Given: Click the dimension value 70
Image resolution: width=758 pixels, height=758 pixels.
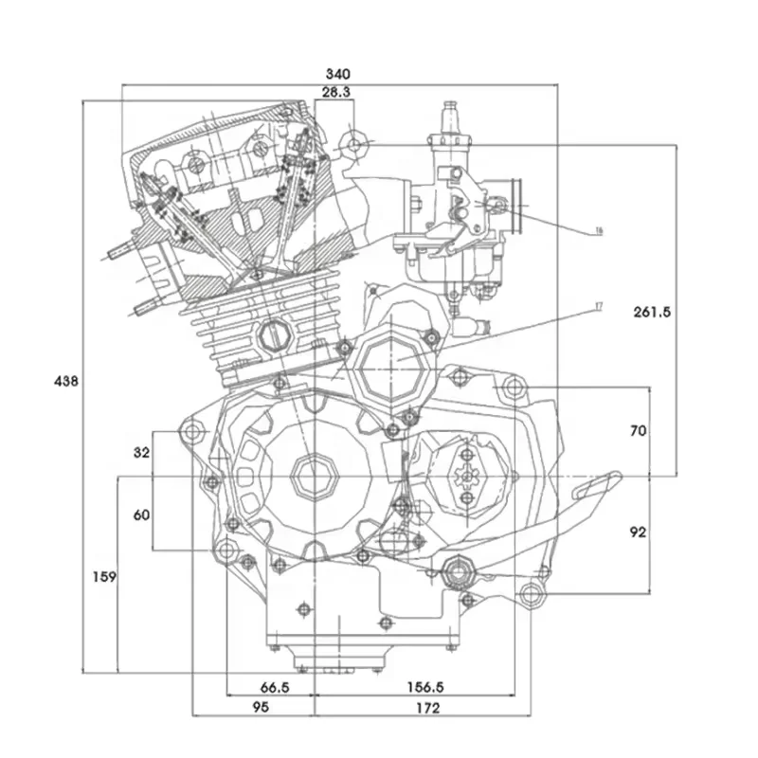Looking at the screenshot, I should coord(638,430).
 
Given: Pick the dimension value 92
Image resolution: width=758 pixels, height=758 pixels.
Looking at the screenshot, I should coord(638,532).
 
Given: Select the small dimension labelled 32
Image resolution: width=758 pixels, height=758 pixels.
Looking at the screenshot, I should coord(141,453).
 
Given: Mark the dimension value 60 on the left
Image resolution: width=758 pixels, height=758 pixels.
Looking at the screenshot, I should coord(141,514).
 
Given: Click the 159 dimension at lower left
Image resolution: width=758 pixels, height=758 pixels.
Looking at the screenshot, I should coord(104,576).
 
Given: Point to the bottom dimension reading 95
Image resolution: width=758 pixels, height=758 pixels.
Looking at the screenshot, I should coord(261,708).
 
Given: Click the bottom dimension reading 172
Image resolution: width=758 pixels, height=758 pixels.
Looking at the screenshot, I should coord(426,708).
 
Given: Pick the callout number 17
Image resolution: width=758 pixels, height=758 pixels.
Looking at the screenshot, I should coord(598,306).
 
